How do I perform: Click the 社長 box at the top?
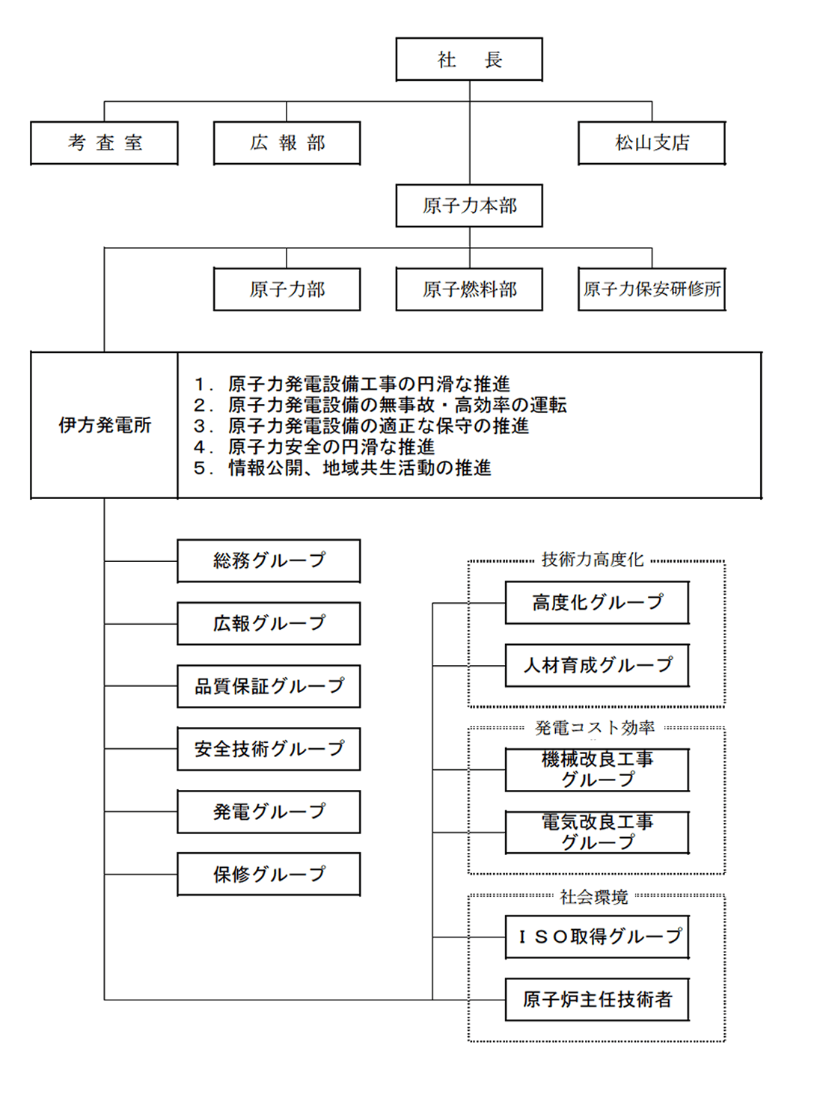[x=469, y=59]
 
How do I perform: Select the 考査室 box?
[x=104, y=143]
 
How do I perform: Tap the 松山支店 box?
[x=652, y=143]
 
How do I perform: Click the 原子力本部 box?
[x=469, y=206]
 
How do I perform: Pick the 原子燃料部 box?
[x=469, y=289]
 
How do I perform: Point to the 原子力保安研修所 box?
[x=652, y=289]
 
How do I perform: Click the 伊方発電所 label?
[x=105, y=425]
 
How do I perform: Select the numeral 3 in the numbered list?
[x=200, y=426]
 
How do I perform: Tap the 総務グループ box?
[x=269, y=561]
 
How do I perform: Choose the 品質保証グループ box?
[x=269, y=686]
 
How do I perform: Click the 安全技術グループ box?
[x=269, y=748]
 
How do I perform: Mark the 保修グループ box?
[x=269, y=874]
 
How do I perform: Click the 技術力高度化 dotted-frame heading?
[x=593, y=560]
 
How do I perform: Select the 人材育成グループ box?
[x=597, y=665]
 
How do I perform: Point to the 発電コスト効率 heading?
[x=594, y=728]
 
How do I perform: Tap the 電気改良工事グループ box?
[x=597, y=833]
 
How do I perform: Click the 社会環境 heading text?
[x=594, y=897]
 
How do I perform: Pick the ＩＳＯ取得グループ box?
[x=597, y=937]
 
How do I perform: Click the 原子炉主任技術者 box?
[x=597, y=999]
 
